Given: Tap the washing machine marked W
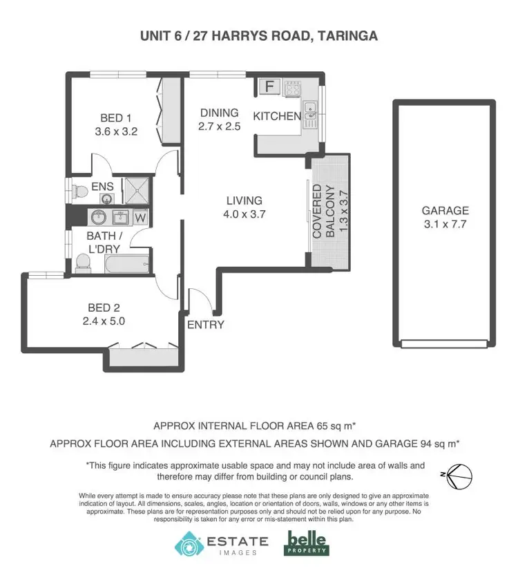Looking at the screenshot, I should tap(140, 218).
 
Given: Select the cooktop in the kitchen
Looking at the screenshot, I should tap(293, 88).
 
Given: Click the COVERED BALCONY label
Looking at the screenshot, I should tap(324, 211).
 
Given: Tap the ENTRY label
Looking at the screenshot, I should tap(205, 325).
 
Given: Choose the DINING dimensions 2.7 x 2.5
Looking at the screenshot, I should tap(219, 127).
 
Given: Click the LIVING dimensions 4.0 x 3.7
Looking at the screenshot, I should tap(245, 214).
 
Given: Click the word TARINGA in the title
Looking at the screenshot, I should tap(341, 36).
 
